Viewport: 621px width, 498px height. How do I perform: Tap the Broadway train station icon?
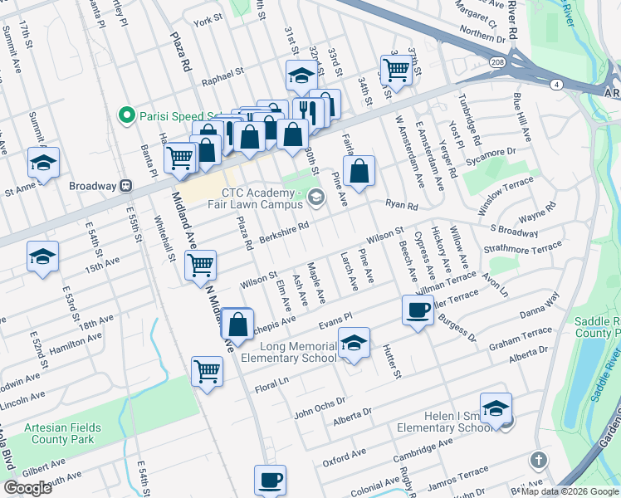127,185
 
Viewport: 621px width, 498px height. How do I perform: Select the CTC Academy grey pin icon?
315,197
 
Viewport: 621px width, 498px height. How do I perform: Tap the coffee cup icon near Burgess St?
418,310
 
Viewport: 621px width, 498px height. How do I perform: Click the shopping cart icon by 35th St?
396,68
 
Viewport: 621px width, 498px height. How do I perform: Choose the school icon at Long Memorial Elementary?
354,342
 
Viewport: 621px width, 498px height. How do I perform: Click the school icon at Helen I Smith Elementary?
496,408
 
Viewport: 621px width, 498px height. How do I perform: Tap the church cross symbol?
538,460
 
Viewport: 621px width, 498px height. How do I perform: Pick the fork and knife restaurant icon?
306,110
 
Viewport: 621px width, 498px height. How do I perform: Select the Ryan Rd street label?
401,203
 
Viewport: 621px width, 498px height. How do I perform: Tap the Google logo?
28,488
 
